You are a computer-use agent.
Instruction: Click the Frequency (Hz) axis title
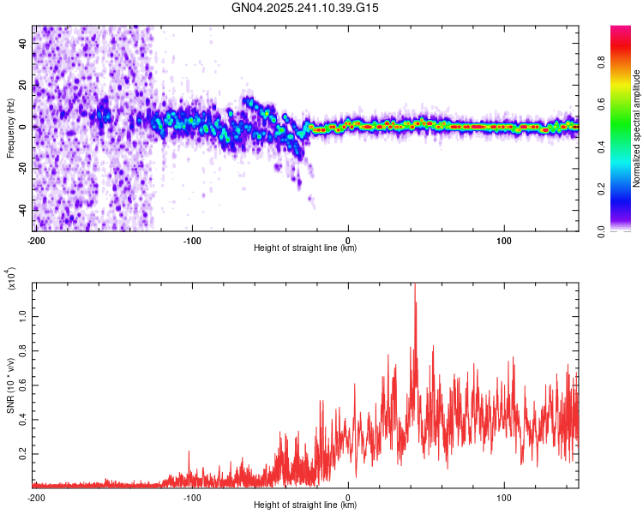tap(10, 128)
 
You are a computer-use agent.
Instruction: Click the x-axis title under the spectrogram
tap(305, 248)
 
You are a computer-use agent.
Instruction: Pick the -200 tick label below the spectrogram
tap(35, 240)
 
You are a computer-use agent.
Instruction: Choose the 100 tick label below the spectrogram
tap(504, 240)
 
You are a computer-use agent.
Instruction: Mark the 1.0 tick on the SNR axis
tap(24, 315)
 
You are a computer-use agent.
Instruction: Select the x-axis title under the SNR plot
tap(305, 505)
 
